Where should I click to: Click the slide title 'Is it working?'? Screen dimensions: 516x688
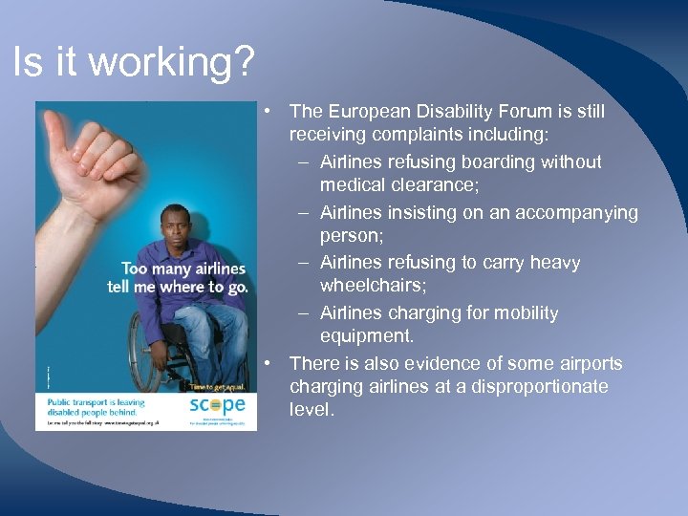(134, 64)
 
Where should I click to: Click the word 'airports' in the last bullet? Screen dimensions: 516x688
(588, 363)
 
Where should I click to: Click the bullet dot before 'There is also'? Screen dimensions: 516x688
(271, 363)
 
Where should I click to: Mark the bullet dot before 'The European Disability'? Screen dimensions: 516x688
(271, 112)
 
